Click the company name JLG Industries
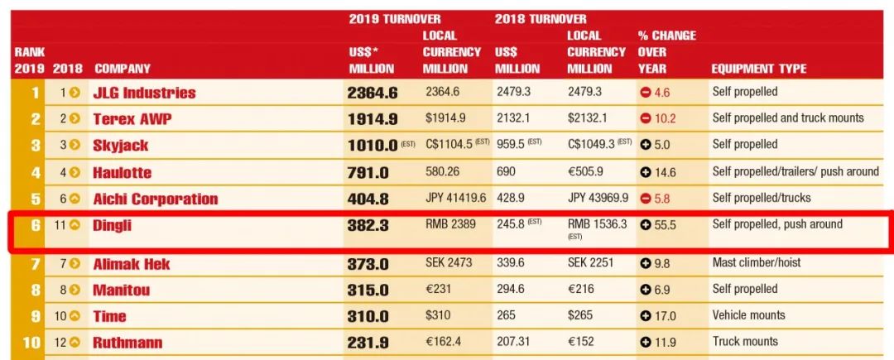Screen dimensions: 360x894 coord(144,93)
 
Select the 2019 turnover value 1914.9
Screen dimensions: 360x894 coord(372,119)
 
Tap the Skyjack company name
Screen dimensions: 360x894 coord(121,146)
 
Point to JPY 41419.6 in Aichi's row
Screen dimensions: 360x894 coord(454,199)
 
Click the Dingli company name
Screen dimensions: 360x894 coord(112,225)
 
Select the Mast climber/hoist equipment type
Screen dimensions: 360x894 coord(757,263)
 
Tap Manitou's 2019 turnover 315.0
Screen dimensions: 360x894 coord(368,290)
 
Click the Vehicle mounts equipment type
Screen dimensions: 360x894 coord(748,315)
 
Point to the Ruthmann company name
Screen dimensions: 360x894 coord(127,343)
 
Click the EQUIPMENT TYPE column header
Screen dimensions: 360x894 coord(758,69)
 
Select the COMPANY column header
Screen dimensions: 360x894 coord(123,69)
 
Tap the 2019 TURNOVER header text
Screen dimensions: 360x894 coord(395,19)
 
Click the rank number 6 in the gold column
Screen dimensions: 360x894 coord(36,225)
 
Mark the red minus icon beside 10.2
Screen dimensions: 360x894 coord(646,118)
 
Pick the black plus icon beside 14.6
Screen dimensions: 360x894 coord(646,172)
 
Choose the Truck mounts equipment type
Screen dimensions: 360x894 coord(745,341)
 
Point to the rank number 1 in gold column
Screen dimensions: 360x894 coord(36,93)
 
